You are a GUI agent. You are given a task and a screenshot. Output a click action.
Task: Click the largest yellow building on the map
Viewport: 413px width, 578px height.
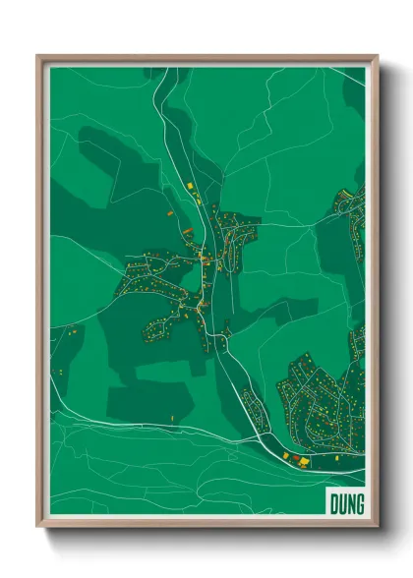click(303, 460)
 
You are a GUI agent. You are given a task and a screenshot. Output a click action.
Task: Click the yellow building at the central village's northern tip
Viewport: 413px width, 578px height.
click(190, 185)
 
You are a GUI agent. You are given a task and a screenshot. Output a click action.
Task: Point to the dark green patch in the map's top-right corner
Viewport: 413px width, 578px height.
click(355, 88)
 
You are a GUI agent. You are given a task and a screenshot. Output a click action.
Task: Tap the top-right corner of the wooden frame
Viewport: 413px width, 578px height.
click(378, 56)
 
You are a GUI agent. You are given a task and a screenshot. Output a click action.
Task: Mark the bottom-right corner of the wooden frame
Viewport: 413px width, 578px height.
click(378, 528)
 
